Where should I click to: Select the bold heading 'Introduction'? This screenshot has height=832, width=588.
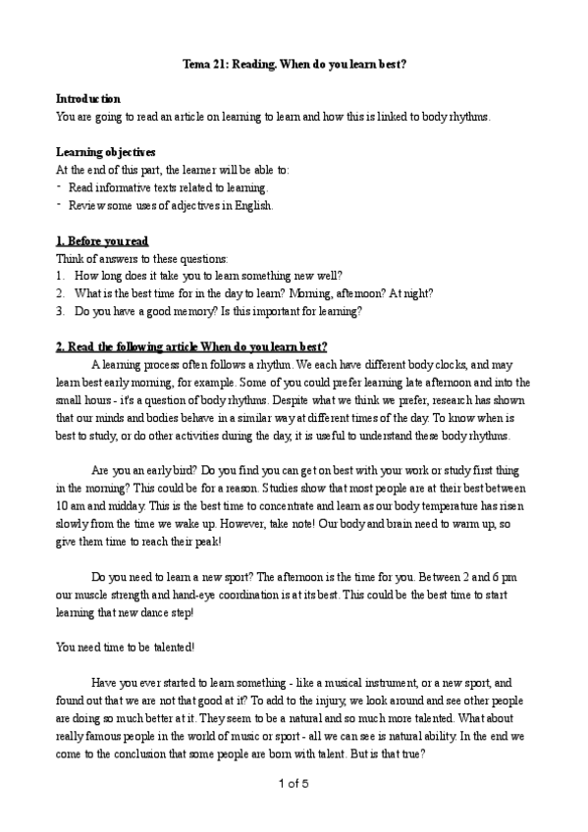click(88, 99)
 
